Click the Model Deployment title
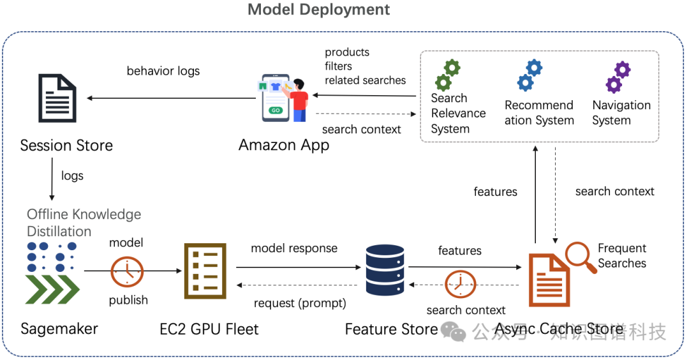(318, 10)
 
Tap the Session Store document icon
(57, 98)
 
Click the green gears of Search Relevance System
(447, 75)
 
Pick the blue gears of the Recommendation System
(530, 75)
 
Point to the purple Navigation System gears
(618, 77)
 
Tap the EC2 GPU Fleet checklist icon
(205, 271)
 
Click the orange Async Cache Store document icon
(549, 278)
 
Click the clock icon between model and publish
(127, 272)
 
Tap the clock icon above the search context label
(461, 284)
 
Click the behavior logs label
(163, 71)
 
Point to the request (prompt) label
(300, 303)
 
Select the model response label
(294, 248)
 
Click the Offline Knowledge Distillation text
(84, 223)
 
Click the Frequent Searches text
(621, 255)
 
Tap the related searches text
(365, 80)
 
